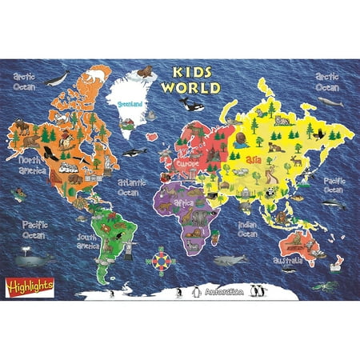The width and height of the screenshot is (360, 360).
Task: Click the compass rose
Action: tap(160, 262)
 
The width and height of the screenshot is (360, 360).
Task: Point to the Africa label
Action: tap(185, 202)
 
